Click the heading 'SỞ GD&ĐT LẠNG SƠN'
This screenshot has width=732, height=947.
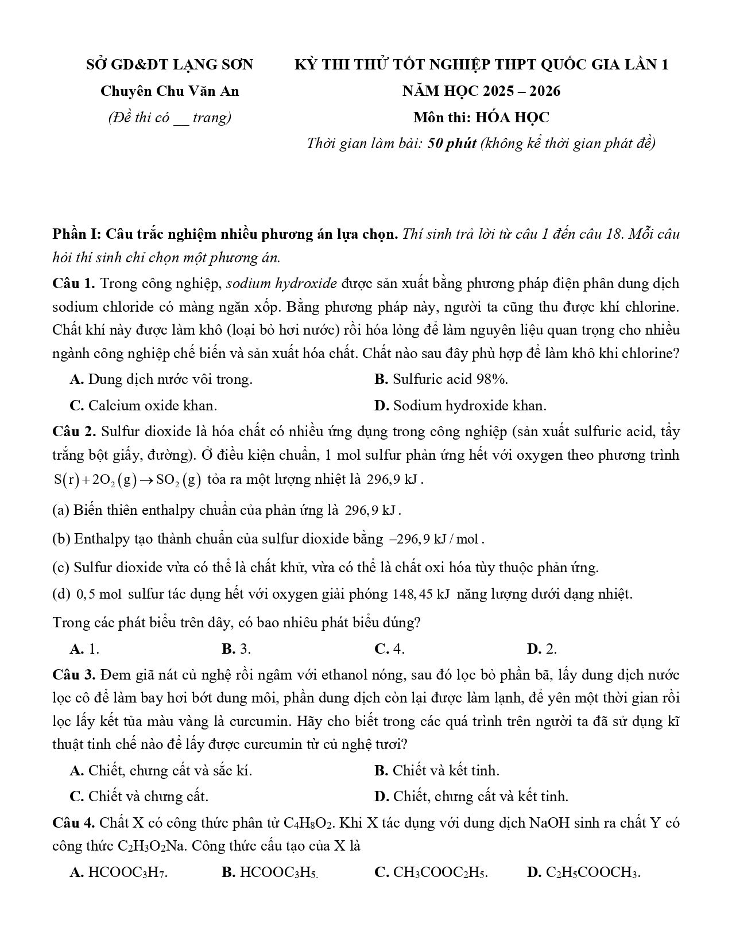169,65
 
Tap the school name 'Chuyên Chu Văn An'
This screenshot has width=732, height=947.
169,91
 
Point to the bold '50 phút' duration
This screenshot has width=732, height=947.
452,143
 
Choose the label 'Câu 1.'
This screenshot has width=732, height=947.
73,284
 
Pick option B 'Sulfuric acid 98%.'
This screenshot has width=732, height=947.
441,379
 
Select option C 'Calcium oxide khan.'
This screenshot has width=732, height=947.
143,406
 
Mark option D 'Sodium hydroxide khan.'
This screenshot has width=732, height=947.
460,406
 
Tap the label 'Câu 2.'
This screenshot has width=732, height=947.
73,432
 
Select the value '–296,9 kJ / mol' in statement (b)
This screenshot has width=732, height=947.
436,540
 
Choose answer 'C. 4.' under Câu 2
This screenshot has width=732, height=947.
389,649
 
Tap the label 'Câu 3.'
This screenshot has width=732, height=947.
73,675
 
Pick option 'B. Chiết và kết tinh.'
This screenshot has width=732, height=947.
436,770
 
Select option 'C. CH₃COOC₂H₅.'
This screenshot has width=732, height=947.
431,873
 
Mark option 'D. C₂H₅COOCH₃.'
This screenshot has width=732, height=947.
583,873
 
